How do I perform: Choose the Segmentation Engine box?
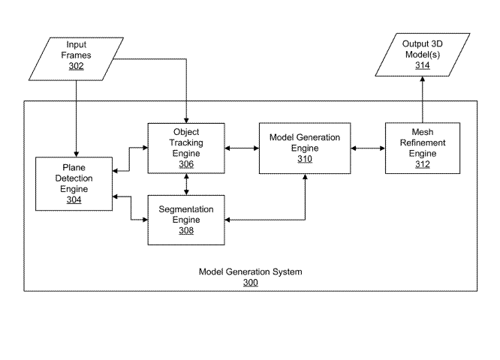click(185, 219)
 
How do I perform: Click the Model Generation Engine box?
click(304, 148)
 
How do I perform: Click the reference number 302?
click(77, 67)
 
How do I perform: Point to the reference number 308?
click(185, 231)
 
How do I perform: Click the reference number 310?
click(304, 159)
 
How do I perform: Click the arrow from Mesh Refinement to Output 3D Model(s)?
click(423, 101)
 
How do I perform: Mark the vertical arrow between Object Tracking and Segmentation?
click(185, 184)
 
